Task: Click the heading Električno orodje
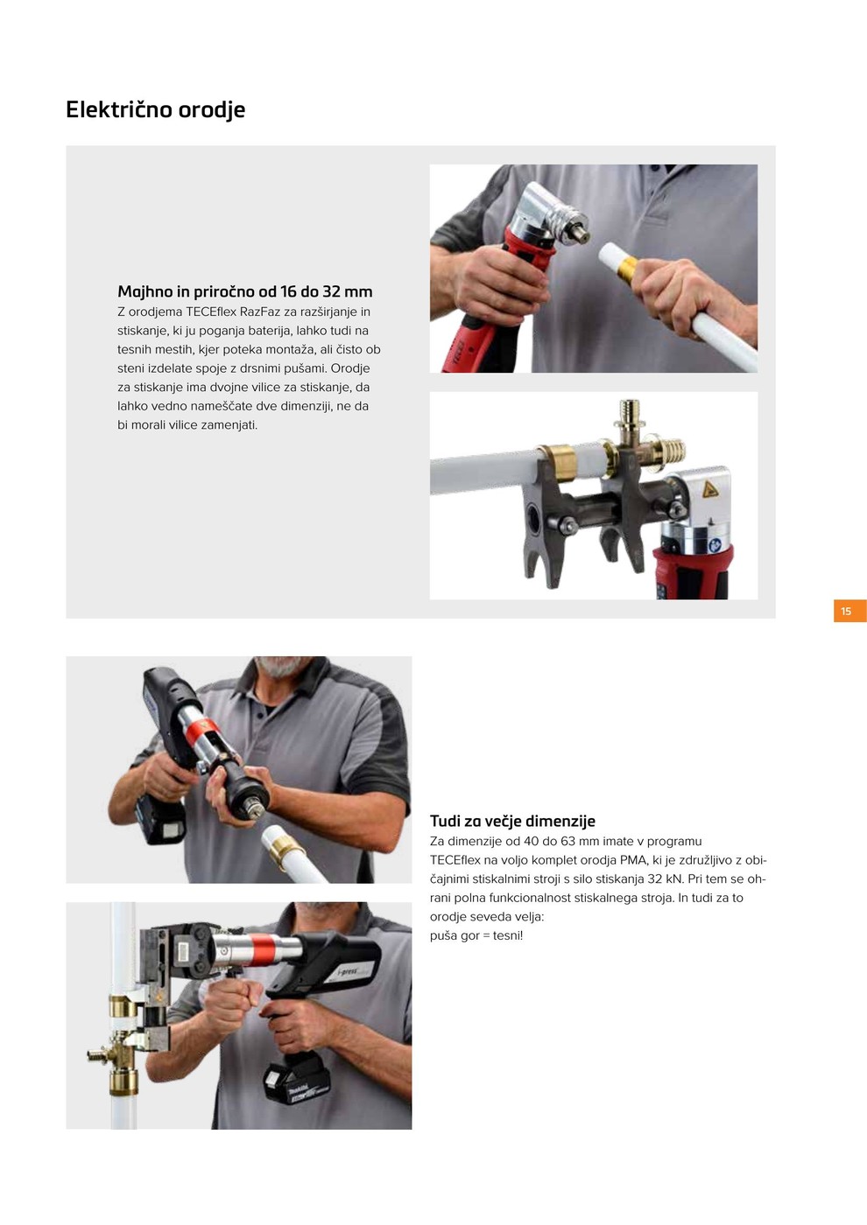156,110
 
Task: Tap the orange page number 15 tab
849,611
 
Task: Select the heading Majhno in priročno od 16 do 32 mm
244,291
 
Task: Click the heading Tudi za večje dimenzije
512,821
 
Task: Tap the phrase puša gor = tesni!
476,935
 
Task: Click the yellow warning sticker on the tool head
710,488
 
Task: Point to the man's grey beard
280,667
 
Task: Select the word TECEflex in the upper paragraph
211,311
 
